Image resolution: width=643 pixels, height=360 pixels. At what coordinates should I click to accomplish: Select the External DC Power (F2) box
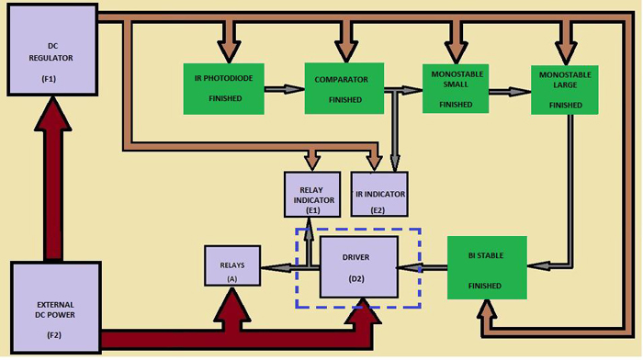[54, 306]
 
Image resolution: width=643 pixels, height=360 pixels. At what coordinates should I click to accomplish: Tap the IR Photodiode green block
[223, 88]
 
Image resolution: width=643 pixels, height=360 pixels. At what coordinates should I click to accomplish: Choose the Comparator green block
[344, 88]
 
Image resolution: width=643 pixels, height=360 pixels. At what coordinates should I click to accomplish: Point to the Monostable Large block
[565, 88]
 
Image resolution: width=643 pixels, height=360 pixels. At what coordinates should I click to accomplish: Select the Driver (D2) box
[358, 267]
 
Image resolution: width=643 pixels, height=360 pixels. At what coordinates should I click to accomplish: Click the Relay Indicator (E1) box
[312, 195]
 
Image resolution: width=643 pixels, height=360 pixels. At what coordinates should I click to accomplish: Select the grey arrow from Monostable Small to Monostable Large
[509, 91]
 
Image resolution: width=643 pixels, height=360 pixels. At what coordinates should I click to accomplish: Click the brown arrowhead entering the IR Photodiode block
[224, 50]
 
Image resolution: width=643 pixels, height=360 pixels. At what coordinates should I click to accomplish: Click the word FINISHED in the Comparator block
[344, 98]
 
